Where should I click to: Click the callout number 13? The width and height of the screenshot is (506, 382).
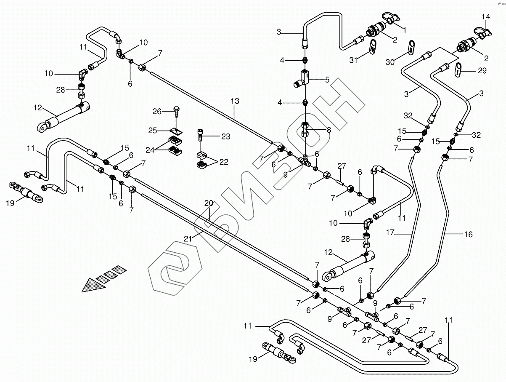pos(235,101)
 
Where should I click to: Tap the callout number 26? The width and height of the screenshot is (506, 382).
pos(157,112)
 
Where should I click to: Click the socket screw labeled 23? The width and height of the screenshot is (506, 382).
pos(200,136)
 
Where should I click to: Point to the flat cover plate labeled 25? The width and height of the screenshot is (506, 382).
pos(176,131)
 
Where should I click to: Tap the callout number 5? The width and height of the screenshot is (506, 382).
pos(327,80)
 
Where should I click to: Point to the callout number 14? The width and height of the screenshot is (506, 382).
pos(486,16)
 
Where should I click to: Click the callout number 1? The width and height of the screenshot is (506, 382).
pos(404,30)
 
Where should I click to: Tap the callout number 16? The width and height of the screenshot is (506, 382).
pos(469,235)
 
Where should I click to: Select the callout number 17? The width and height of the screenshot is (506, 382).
pos(390,232)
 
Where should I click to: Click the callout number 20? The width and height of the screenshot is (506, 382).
pos(209,203)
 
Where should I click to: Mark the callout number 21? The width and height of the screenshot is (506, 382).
pos(188,239)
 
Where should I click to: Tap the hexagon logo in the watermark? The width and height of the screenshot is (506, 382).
pos(175,269)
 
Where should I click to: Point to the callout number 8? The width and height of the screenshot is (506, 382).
pos(329,130)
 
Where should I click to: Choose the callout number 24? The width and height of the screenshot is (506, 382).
pos(150,150)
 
